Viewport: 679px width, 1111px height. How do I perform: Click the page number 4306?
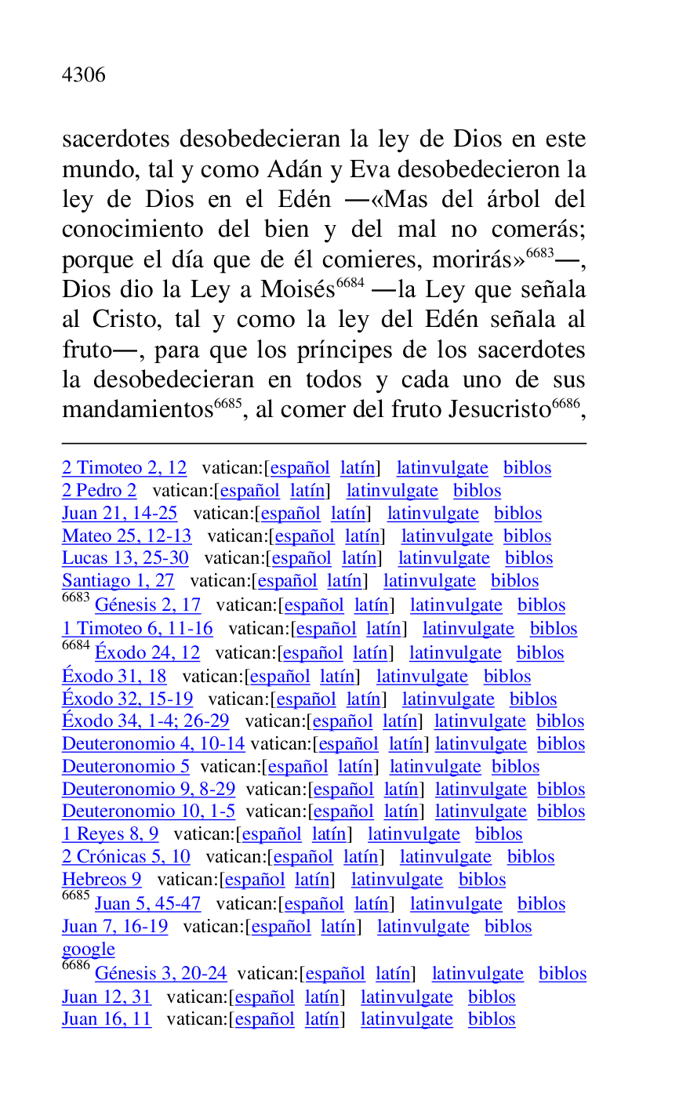pyautogui.click(x=83, y=75)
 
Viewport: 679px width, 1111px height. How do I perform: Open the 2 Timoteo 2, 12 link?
pyautogui.click(x=124, y=468)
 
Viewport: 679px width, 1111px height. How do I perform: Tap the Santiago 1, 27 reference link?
pyautogui.click(x=118, y=581)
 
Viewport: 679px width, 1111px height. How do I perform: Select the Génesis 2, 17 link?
pyautogui.click(x=147, y=605)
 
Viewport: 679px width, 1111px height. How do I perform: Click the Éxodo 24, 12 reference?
pyautogui.click(x=147, y=653)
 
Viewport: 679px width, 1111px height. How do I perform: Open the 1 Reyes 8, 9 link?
pyautogui.click(x=110, y=834)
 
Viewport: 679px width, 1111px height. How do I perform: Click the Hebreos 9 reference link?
pyautogui.click(x=101, y=880)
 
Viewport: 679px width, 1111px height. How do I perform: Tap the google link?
pyautogui.click(x=88, y=949)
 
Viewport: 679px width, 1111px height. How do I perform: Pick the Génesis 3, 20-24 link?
pyautogui.click(x=161, y=974)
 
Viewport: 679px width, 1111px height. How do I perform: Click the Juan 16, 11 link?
pyautogui.click(x=107, y=1019)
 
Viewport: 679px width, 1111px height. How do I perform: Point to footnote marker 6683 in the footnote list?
pyautogui.click(x=75, y=597)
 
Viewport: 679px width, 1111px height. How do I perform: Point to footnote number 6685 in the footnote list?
pyautogui.click(x=75, y=895)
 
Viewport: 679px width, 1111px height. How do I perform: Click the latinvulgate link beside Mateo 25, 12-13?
pyautogui.click(x=447, y=536)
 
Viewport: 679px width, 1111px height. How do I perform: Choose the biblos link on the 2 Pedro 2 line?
pyautogui.click(x=477, y=491)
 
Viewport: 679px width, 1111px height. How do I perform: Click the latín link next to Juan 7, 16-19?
pyautogui.click(x=338, y=927)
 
